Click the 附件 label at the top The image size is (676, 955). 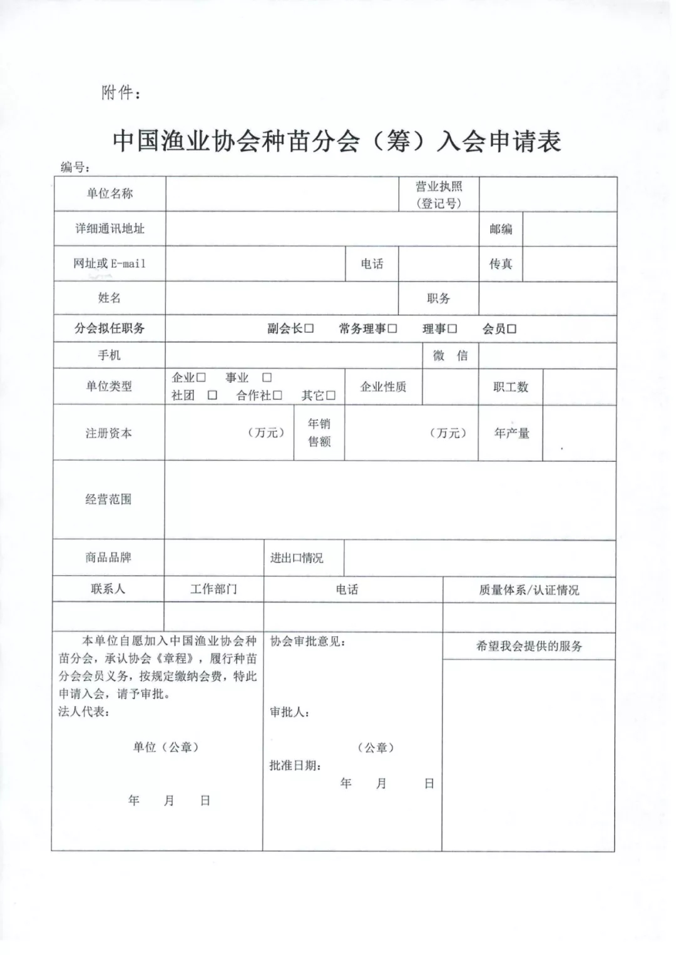tap(121, 93)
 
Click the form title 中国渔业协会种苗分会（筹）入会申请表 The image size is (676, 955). tap(337, 141)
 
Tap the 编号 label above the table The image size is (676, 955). tap(75, 167)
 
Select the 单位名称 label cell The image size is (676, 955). tap(110, 194)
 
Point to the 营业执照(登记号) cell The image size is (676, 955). tap(439, 195)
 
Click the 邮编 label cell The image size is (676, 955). tap(501, 229)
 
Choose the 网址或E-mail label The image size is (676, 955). tap(110, 263)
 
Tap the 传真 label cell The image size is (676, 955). tap(501, 264)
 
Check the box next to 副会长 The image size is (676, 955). tap(309, 329)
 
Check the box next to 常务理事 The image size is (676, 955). tap(392, 329)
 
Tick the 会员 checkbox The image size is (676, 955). tap(512, 329)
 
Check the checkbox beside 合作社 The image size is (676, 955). tap(277, 396)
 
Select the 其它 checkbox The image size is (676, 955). tap(331, 396)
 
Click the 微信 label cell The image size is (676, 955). tap(450, 355)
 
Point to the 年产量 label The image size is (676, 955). tap(511, 433)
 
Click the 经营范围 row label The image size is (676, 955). tap(108, 499)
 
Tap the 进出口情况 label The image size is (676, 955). tap(297, 558)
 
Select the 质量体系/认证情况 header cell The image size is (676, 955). tap(529, 590)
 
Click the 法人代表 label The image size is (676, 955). tap(83, 712)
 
